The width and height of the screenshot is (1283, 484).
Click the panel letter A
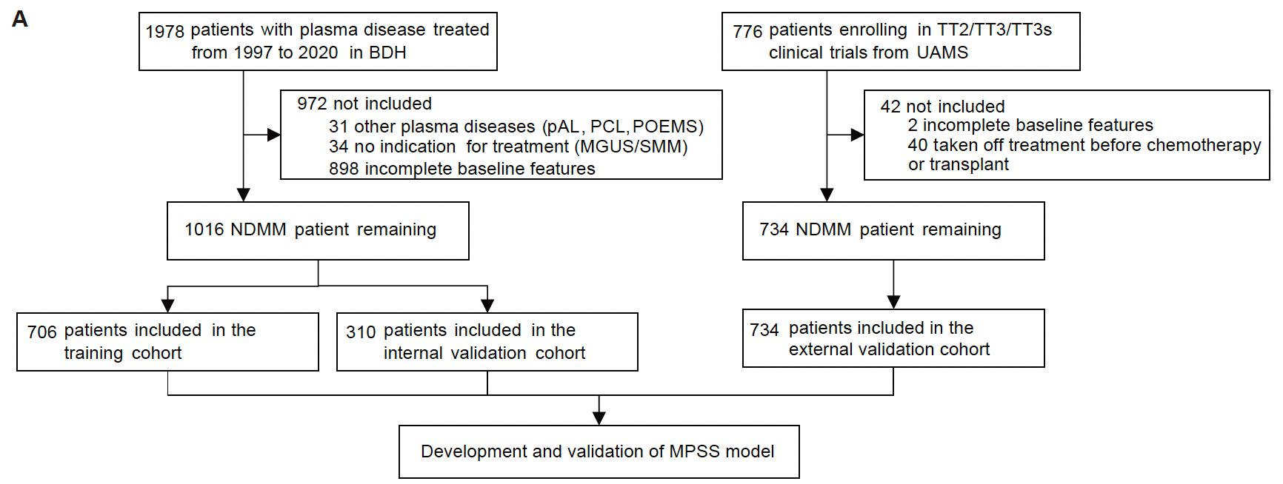(20, 19)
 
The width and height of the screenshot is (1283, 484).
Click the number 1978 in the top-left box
(164, 31)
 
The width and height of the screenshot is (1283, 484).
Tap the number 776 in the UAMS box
(747, 31)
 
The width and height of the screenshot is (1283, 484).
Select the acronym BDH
(388, 53)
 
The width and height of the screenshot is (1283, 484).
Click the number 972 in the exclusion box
(312, 104)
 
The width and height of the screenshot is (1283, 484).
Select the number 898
(344, 169)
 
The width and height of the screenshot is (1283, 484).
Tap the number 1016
(204, 230)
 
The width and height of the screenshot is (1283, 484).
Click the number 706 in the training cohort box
(41, 332)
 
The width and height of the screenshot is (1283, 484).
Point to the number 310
(361, 332)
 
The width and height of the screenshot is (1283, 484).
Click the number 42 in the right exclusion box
(890, 107)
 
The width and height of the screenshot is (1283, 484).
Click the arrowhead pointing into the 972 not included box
(274, 135)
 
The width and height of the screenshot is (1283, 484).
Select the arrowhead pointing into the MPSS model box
(599, 419)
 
